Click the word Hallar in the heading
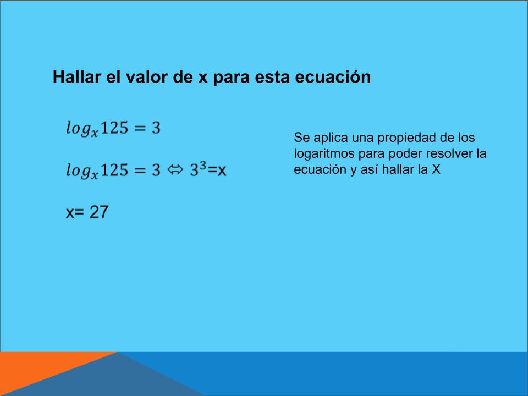[77, 76]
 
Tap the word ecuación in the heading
[333, 77]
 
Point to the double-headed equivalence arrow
[175, 169]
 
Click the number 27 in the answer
[99, 212]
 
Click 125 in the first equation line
[114, 128]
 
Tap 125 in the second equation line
[114, 170]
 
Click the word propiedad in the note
[406, 137]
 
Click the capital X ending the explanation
[436, 169]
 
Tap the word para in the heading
[232, 78]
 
